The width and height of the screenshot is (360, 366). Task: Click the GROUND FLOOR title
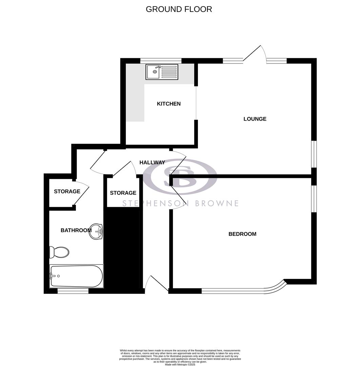click(179, 9)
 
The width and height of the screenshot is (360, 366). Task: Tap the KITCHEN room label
click(168, 104)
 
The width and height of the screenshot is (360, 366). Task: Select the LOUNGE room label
click(255, 119)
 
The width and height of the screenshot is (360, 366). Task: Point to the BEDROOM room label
click(242, 234)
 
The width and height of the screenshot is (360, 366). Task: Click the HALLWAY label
click(152, 163)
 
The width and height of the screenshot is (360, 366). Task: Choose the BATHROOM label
click(76, 230)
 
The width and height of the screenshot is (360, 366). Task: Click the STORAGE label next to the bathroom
click(67, 191)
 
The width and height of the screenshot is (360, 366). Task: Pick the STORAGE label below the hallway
click(123, 193)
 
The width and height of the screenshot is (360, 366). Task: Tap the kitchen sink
click(162, 72)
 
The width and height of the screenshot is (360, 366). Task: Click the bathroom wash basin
click(96, 231)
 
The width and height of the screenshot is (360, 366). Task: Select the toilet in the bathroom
click(59, 252)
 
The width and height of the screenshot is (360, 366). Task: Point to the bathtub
click(76, 276)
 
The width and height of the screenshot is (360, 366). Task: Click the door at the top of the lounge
click(254, 54)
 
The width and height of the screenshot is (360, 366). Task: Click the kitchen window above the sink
click(161, 61)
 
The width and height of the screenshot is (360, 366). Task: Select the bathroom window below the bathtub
click(73, 291)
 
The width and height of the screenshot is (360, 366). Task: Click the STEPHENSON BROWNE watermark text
click(180, 203)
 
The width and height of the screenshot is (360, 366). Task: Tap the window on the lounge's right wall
click(314, 154)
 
